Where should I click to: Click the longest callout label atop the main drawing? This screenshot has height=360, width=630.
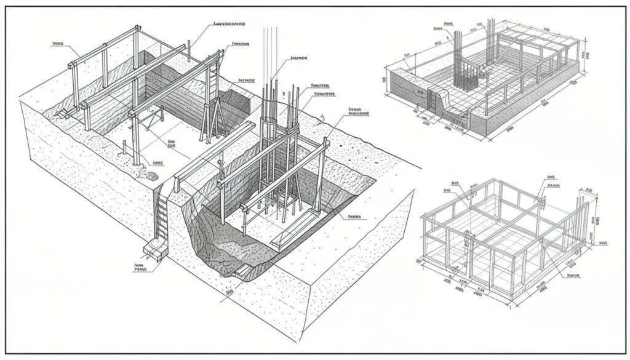(x=229, y=24)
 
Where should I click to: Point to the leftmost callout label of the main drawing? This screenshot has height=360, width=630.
(x=58, y=44)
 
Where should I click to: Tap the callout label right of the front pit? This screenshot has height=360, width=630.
(x=355, y=217)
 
